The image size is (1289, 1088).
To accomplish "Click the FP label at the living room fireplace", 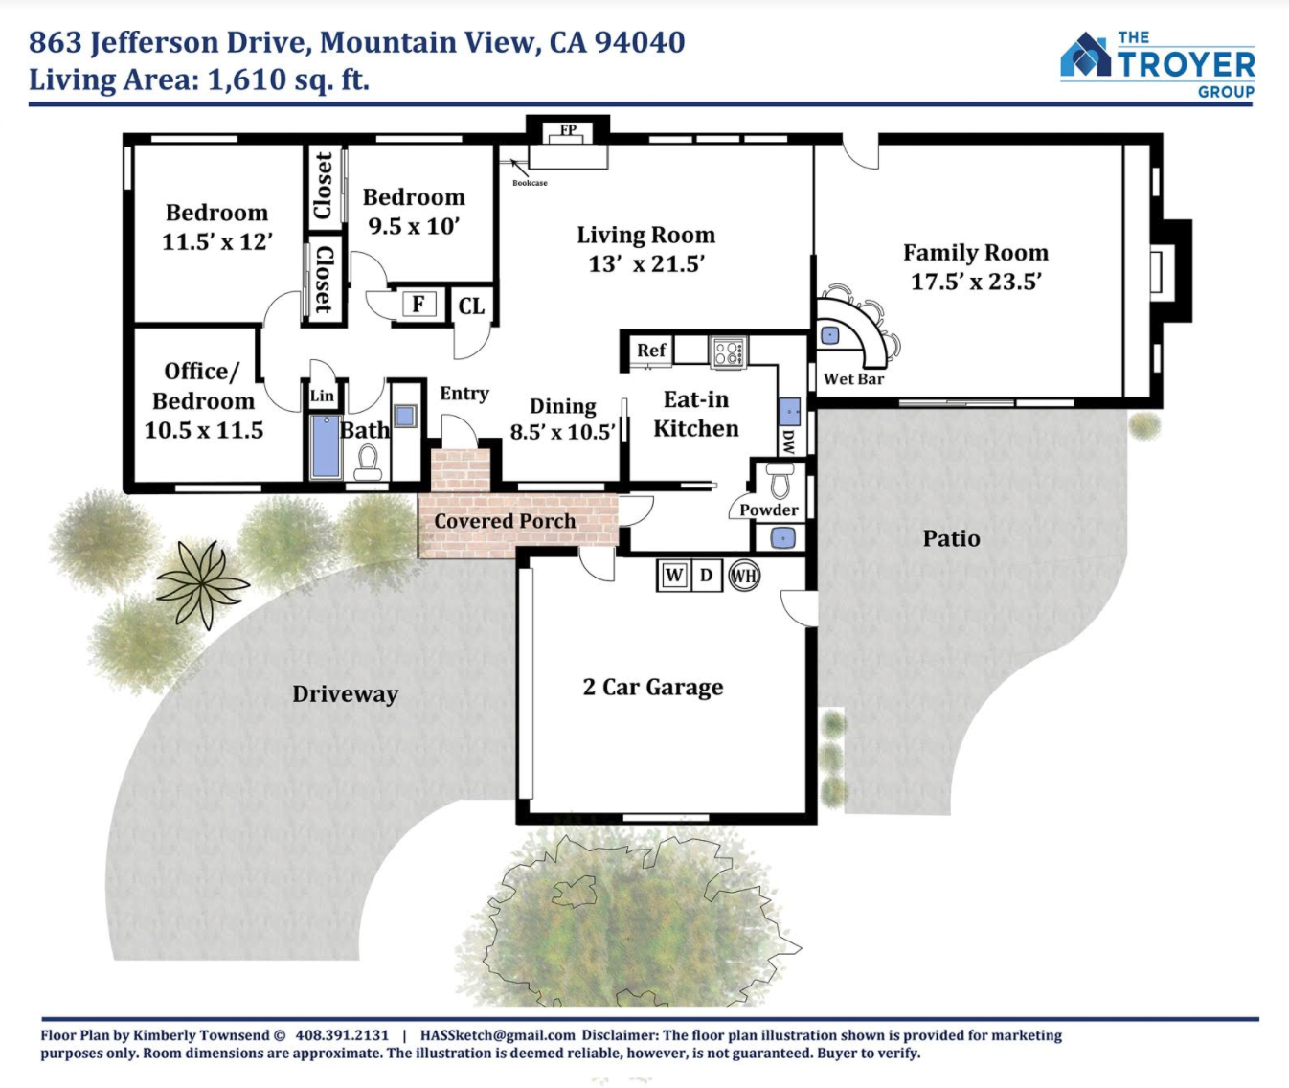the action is pyautogui.click(x=569, y=129).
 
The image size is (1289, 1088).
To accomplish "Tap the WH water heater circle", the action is pyautogui.click(x=744, y=576).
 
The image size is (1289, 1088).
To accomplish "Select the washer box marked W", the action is pyautogui.click(x=673, y=576).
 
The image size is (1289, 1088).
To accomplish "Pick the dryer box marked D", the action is pyautogui.click(x=706, y=576).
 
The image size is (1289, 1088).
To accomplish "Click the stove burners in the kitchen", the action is pyautogui.click(x=728, y=352).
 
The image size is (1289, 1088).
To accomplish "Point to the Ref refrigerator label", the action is pyautogui.click(x=651, y=351).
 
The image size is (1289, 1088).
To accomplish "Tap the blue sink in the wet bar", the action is pyautogui.click(x=829, y=335).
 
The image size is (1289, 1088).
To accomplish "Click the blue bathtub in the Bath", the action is pyautogui.click(x=326, y=446).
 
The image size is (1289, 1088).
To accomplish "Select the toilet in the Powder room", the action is pyautogui.click(x=780, y=480).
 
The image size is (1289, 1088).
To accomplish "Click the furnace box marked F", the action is pyautogui.click(x=418, y=304).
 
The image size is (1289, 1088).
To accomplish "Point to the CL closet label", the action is pyautogui.click(x=472, y=306).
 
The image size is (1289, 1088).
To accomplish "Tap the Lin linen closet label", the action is pyautogui.click(x=322, y=396).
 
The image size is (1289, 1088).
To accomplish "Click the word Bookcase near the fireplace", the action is pyautogui.click(x=530, y=183).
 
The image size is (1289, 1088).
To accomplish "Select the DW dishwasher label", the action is pyautogui.click(x=788, y=442).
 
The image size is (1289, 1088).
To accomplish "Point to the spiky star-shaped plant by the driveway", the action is pyautogui.click(x=202, y=583).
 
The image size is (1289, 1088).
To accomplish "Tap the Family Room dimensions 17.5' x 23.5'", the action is pyautogui.click(x=976, y=282).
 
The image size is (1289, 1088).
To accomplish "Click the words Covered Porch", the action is pyautogui.click(x=505, y=521).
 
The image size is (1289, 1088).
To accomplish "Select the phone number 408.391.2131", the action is pyautogui.click(x=342, y=1035).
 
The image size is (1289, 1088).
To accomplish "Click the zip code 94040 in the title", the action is pyautogui.click(x=640, y=42).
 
